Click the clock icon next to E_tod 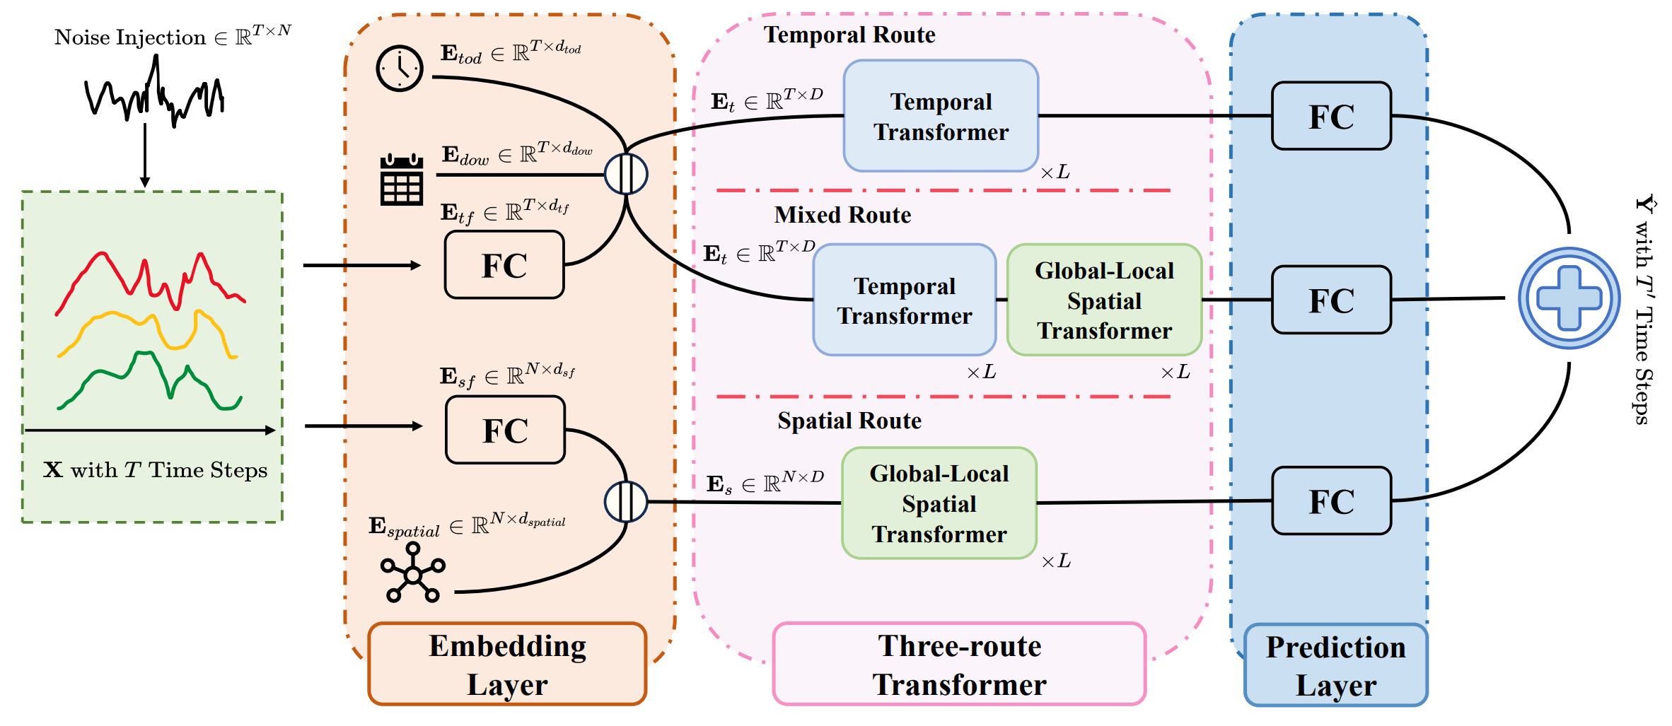[x=400, y=69]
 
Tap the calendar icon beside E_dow [x=402, y=180]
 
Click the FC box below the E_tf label [x=504, y=265]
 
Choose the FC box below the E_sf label [x=505, y=430]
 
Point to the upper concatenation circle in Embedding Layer [x=626, y=174]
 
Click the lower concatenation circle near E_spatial [x=626, y=502]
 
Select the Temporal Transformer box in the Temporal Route [x=941, y=116]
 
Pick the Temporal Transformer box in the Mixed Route [x=905, y=300]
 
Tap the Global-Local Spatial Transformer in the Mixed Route [x=1104, y=300]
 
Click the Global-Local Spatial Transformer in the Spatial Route [x=939, y=503]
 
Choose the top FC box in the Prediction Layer [x=1331, y=116]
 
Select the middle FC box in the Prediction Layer [x=1331, y=300]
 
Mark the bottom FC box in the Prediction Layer [x=1331, y=500]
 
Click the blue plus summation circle [x=1569, y=298]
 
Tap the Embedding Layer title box [x=507, y=664]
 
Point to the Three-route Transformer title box [x=959, y=664]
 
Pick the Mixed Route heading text [x=842, y=215]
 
